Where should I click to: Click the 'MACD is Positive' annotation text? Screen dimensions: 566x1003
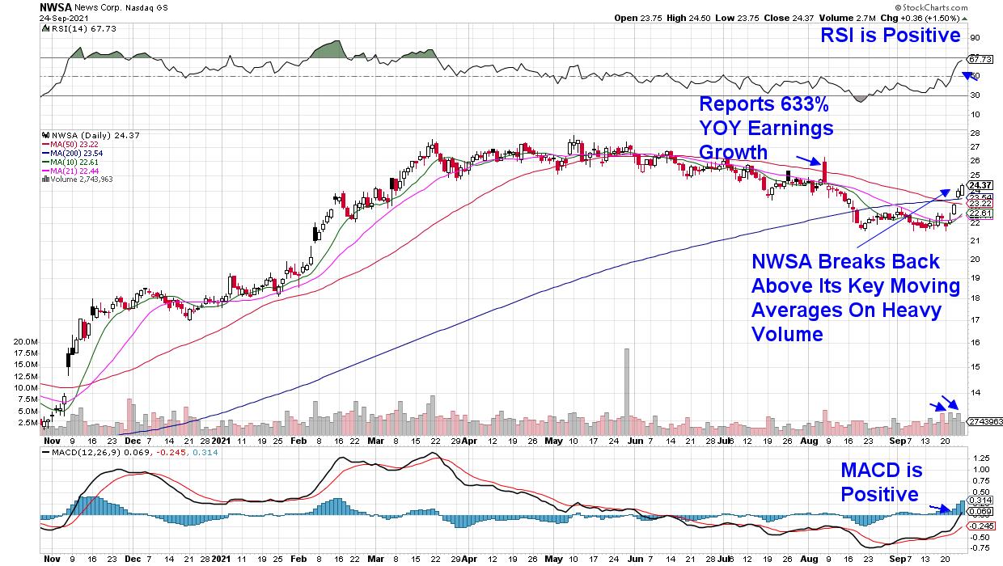click(881, 482)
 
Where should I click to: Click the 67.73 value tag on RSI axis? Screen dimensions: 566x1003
click(980, 59)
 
